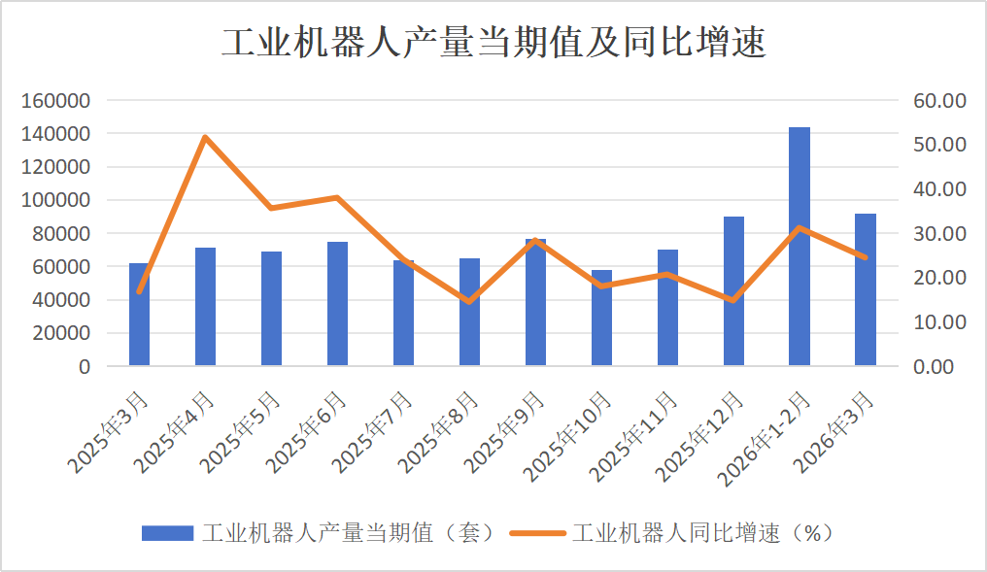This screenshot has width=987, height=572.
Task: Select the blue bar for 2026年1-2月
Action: (800, 247)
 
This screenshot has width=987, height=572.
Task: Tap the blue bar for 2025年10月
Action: (602, 318)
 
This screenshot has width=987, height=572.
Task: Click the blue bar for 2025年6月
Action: (337, 303)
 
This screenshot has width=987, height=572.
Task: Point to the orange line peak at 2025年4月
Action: (206, 137)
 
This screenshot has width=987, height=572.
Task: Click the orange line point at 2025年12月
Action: (733, 300)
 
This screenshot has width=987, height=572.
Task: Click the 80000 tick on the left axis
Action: (65, 234)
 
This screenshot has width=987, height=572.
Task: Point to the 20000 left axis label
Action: (65, 333)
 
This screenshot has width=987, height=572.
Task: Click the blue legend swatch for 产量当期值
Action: (168, 533)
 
